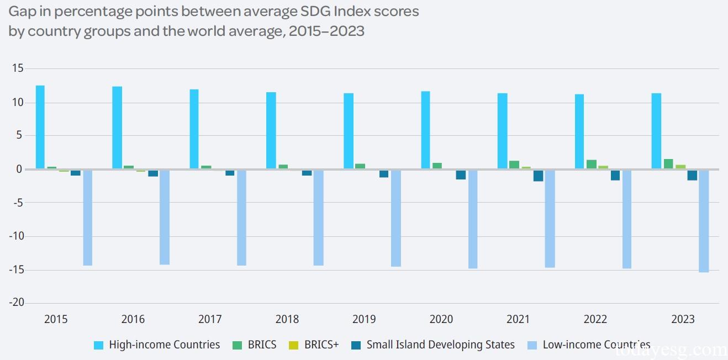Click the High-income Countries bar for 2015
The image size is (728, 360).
[x=40, y=127]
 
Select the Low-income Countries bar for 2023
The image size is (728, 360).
[x=703, y=221]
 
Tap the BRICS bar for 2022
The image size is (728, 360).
[x=591, y=165]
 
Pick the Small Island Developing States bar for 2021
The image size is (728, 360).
[x=538, y=175]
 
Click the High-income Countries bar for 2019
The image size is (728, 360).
[x=349, y=131]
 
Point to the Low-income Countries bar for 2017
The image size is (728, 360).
[x=241, y=218]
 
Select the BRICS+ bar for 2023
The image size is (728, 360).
[x=680, y=167]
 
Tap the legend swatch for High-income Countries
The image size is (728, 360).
[x=99, y=345]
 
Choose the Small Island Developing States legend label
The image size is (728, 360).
[x=440, y=345]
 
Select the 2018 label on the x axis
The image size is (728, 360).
[x=287, y=319]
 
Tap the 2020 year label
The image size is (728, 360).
[x=441, y=319]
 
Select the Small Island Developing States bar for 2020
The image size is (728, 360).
[x=461, y=174]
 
